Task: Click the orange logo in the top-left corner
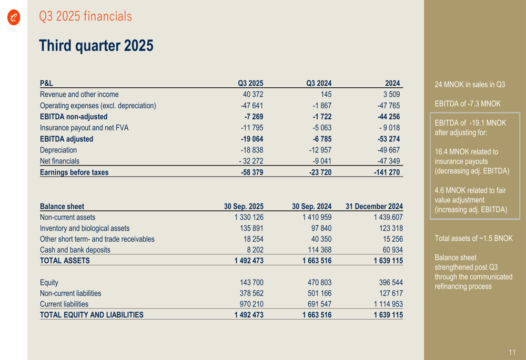(14, 18)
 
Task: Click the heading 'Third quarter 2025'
(96, 46)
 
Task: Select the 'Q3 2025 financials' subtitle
(85, 17)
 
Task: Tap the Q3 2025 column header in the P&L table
(250, 83)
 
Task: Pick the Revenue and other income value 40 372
(253, 95)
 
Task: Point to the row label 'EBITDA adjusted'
(67, 139)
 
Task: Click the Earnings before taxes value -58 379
(252, 172)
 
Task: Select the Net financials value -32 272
(251, 161)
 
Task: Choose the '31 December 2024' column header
(374, 206)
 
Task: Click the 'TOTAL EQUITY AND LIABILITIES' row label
(92, 315)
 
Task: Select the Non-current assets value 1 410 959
(317, 217)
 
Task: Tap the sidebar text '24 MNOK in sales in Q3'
(470, 84)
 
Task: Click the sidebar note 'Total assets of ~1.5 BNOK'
(473, 238)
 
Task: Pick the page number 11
(512, 352)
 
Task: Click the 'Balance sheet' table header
(62, 206)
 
